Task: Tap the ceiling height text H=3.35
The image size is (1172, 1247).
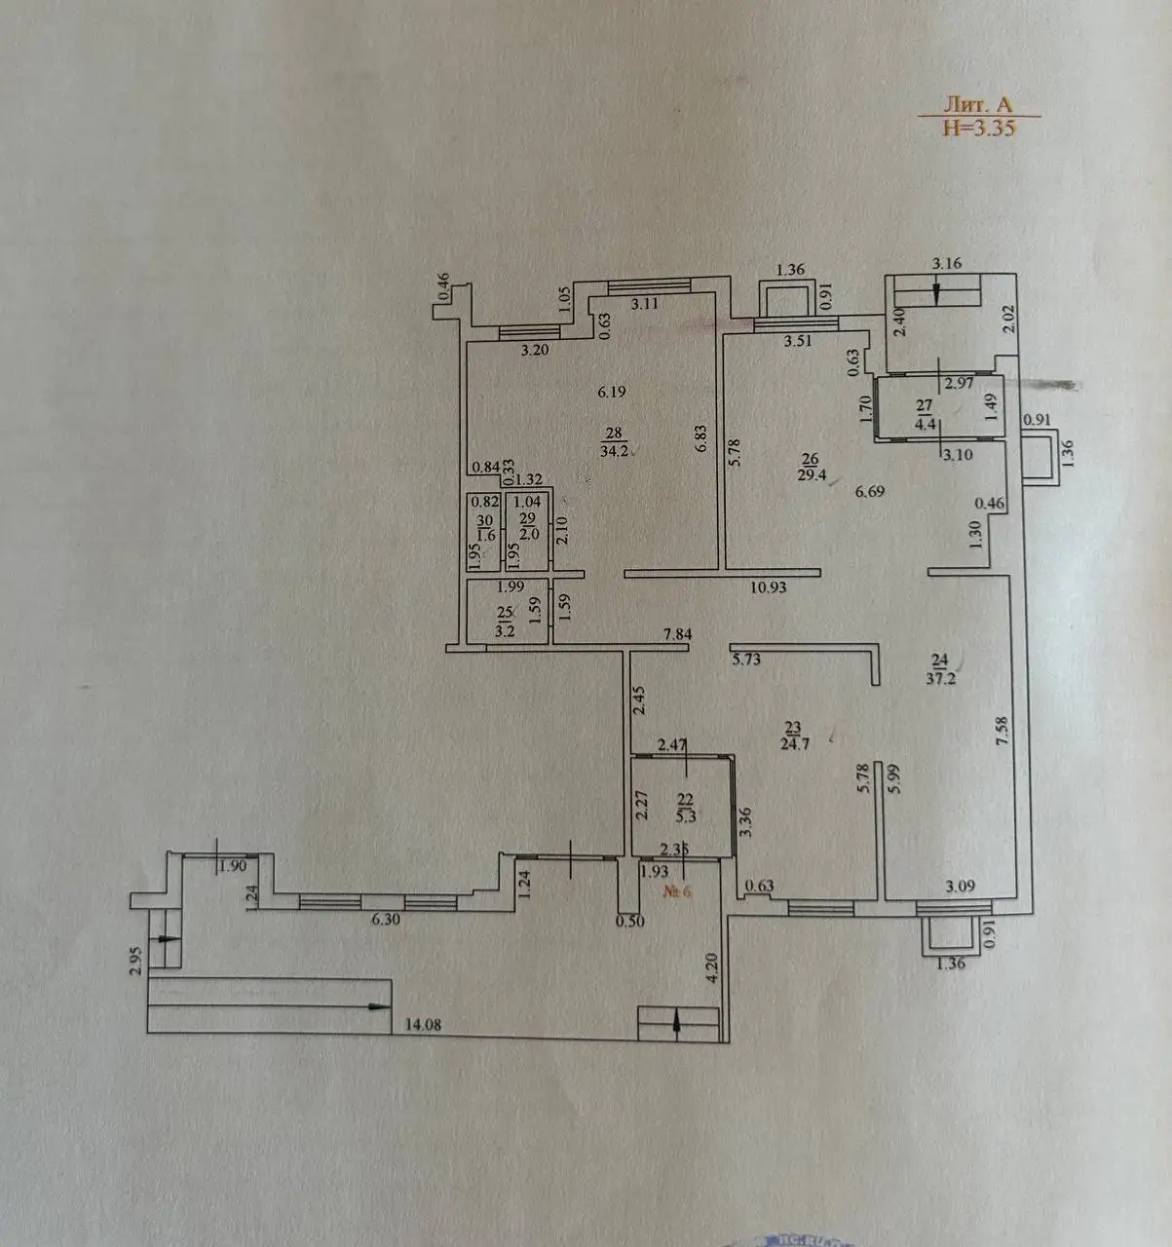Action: [x=978, y=127]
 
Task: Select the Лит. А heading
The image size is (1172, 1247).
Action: [x=978, y=103]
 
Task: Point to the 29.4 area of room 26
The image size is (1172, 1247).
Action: [x=813, y=474]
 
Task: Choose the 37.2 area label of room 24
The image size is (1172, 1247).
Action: [x=941, y=678]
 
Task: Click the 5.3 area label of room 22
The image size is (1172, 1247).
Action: [x=686, y=816]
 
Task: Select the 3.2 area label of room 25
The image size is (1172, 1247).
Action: [x=505, y=630]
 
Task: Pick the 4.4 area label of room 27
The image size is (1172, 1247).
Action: [x=925, y=424]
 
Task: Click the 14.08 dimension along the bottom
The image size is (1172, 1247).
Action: [x=425, y=1025]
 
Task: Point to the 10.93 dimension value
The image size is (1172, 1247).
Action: [x=768, y=587]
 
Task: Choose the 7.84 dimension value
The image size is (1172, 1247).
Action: [x=676, y=635]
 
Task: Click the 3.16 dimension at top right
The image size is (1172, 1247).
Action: [x=947, y=263]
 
